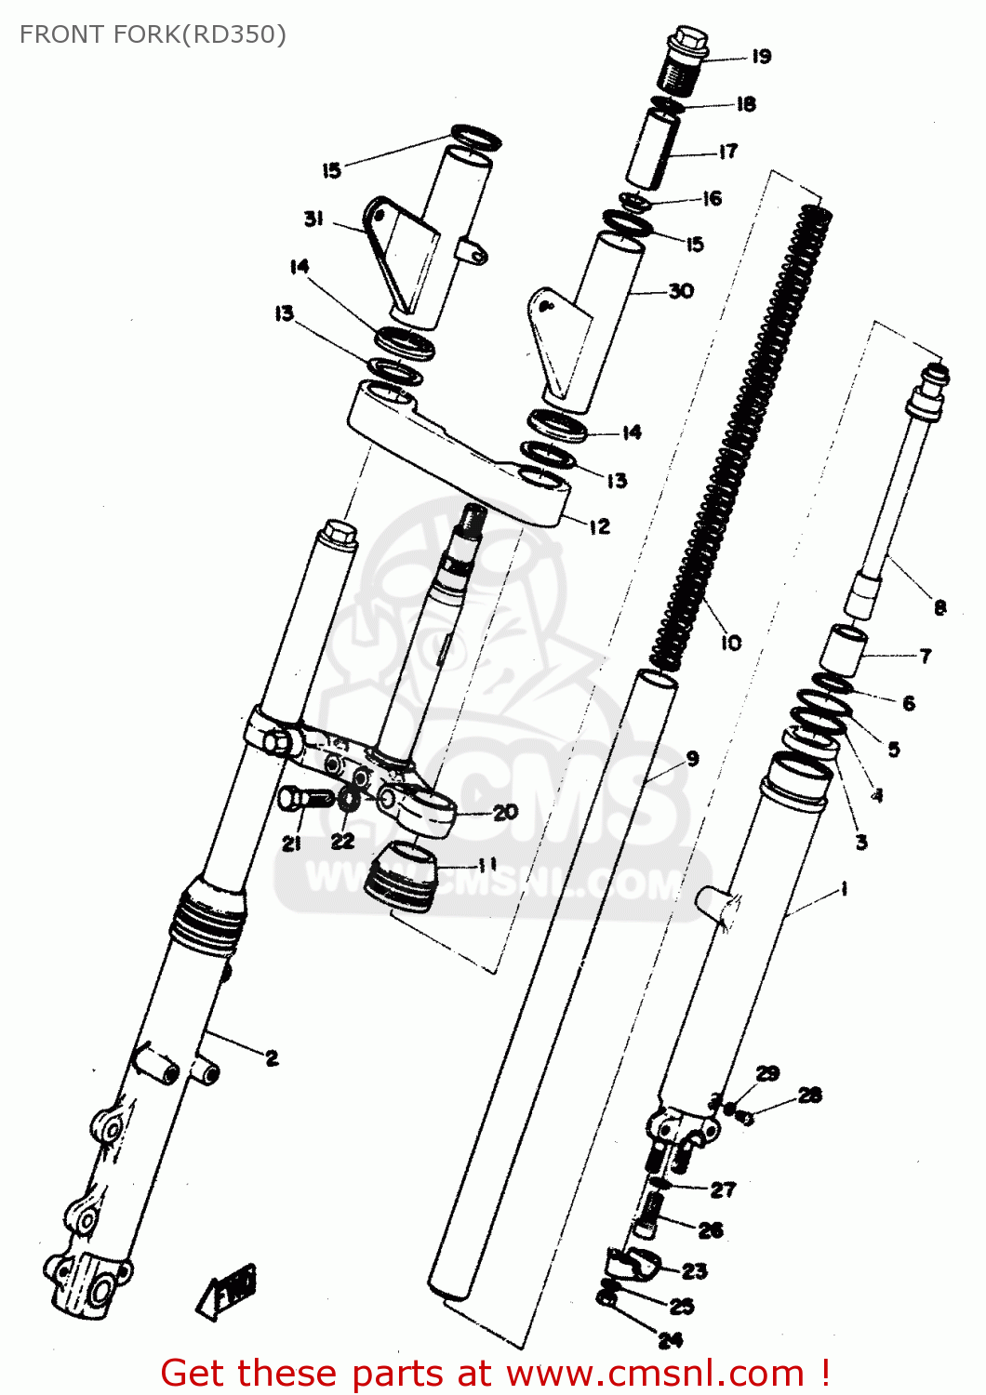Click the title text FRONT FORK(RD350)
(153, 34)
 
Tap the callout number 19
(761, 57)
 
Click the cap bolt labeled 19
(687, 60)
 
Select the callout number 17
(727, 151)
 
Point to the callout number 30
(681, 291)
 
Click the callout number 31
(313, 219)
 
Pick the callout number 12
(600, 526)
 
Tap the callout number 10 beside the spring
(731, 642)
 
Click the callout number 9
(692, 759)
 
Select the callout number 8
(939, 607)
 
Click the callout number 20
(505, 812)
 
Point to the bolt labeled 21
(305, 798)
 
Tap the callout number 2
(272, 1057)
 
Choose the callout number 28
(809, 1095)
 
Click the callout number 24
(671, 1339)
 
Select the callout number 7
(925, 656)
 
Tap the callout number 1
(843, 889)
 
